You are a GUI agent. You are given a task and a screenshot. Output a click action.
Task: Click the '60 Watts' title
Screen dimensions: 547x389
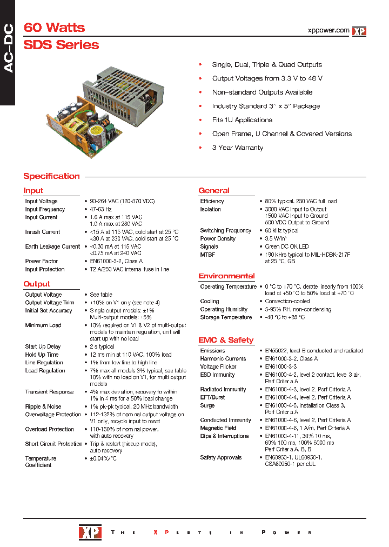pos(54,28)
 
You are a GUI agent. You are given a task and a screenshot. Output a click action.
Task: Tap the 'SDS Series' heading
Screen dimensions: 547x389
pos(61,45)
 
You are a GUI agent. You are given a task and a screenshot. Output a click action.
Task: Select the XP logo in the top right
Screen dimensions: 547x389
pos(359,31)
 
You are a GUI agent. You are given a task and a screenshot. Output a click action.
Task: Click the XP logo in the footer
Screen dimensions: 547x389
pos(89,532)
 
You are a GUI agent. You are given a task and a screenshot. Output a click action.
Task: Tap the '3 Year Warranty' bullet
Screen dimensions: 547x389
pos(237,148)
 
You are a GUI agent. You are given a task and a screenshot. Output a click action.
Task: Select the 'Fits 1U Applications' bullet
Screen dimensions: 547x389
pos(242,120)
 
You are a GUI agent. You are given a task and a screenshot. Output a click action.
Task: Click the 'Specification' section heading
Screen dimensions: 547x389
pos(51,176)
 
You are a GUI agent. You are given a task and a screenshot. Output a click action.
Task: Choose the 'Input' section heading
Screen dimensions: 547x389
pos(33,190)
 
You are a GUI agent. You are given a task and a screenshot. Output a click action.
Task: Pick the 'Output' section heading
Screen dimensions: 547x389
pos(37,284)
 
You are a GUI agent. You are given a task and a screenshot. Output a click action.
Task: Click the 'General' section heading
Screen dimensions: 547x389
pos(214,190)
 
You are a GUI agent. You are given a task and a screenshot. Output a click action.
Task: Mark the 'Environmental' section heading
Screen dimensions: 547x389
pos(226,276)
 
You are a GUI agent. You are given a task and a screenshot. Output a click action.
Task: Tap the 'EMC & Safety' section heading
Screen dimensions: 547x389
pos(226,340)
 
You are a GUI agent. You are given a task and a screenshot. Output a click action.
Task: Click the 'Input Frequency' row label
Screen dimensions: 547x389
pos(45,209)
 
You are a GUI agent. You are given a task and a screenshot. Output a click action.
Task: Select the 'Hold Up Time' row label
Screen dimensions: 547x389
pos(42,355)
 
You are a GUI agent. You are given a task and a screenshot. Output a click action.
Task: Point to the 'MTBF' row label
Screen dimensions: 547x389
pos(208,255)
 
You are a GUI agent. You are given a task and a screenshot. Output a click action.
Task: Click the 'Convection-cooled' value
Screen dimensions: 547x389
pos(287,302)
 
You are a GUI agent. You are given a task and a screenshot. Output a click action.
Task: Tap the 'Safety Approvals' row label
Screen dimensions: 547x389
pos(221,457)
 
